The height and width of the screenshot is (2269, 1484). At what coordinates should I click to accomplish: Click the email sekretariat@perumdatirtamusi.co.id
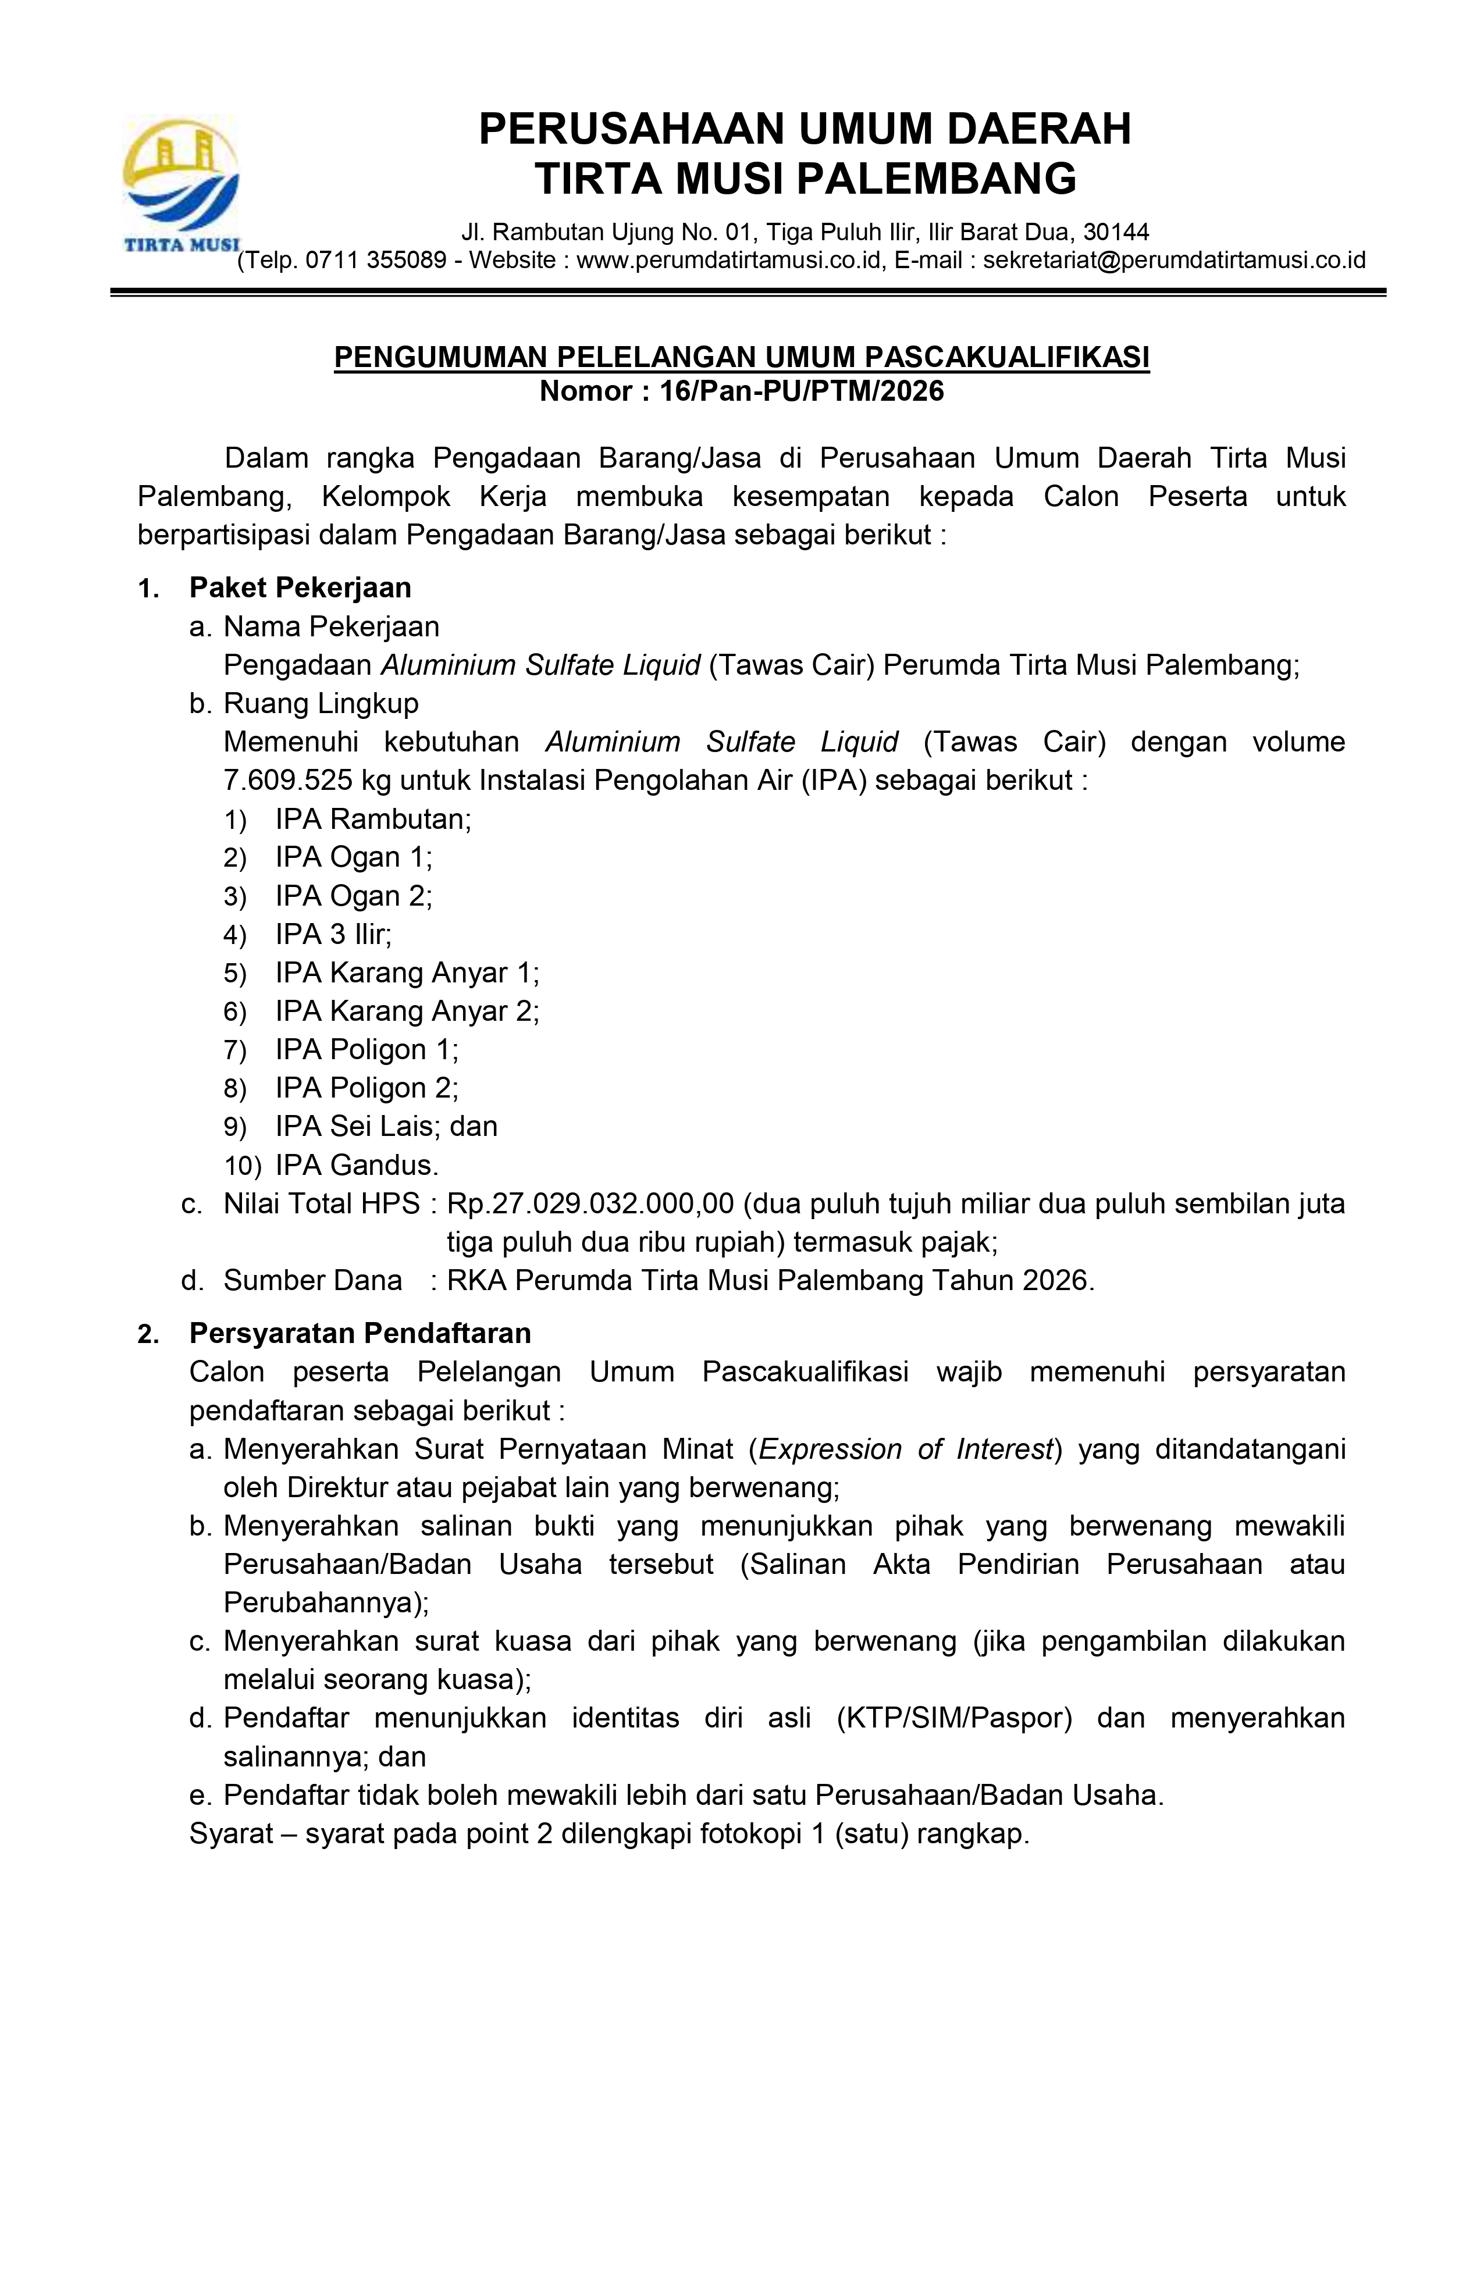[x=1173, y=260]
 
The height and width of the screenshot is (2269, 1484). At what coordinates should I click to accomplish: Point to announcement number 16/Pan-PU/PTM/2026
[x=801, y=391]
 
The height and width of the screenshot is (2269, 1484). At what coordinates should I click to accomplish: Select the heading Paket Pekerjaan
[x=300, y=587]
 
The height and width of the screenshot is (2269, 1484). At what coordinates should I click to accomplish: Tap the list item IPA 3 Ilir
[x=333, y=934]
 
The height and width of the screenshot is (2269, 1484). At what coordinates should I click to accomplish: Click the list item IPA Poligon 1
[x=366, y=1050]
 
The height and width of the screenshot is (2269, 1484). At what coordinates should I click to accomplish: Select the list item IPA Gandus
[x=357, y=1165]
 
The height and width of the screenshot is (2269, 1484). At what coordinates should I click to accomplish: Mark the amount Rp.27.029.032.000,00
[x=590, y=1203]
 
